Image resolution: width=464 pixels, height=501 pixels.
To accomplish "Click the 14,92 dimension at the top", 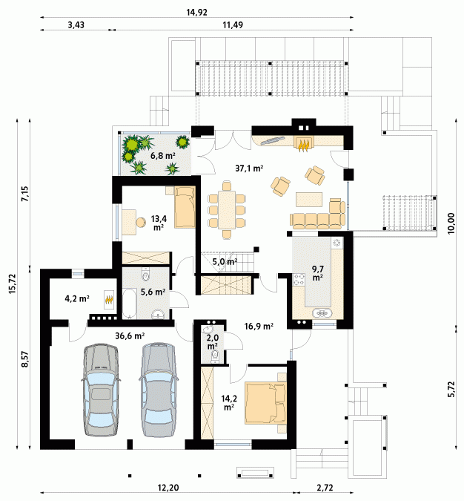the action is (196, 13).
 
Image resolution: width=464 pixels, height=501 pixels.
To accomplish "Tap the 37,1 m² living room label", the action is (249, 168).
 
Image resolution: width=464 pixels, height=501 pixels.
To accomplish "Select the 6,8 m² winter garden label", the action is (163, 156).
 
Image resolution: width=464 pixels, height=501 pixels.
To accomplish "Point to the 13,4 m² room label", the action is (159, 223).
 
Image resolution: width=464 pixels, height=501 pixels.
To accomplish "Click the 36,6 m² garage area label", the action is (130, 335).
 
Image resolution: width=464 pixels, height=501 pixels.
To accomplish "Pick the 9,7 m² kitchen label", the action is (317, 273).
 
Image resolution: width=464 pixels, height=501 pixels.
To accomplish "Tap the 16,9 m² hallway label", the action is (259, 327).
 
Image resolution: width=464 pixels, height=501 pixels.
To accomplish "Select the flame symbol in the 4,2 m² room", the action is (109, 300).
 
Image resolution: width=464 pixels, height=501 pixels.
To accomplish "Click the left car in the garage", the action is (101, 390).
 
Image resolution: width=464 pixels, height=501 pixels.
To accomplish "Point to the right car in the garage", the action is (159, 390).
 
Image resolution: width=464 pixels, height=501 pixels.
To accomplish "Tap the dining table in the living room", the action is (227, 209).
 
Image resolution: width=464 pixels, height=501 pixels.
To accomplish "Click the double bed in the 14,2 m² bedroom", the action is (265, 404).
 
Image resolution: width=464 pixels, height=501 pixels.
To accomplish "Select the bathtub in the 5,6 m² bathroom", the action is (130, 304).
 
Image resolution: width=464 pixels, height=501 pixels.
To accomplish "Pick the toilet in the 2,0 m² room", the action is (215, 356).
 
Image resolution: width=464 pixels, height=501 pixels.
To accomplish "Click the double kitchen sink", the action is (323, 313).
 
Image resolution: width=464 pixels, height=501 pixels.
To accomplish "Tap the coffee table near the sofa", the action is (309, 200).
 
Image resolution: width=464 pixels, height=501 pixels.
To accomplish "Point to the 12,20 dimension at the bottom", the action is (168, 488).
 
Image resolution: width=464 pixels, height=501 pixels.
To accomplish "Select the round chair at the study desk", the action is (140, 223).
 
